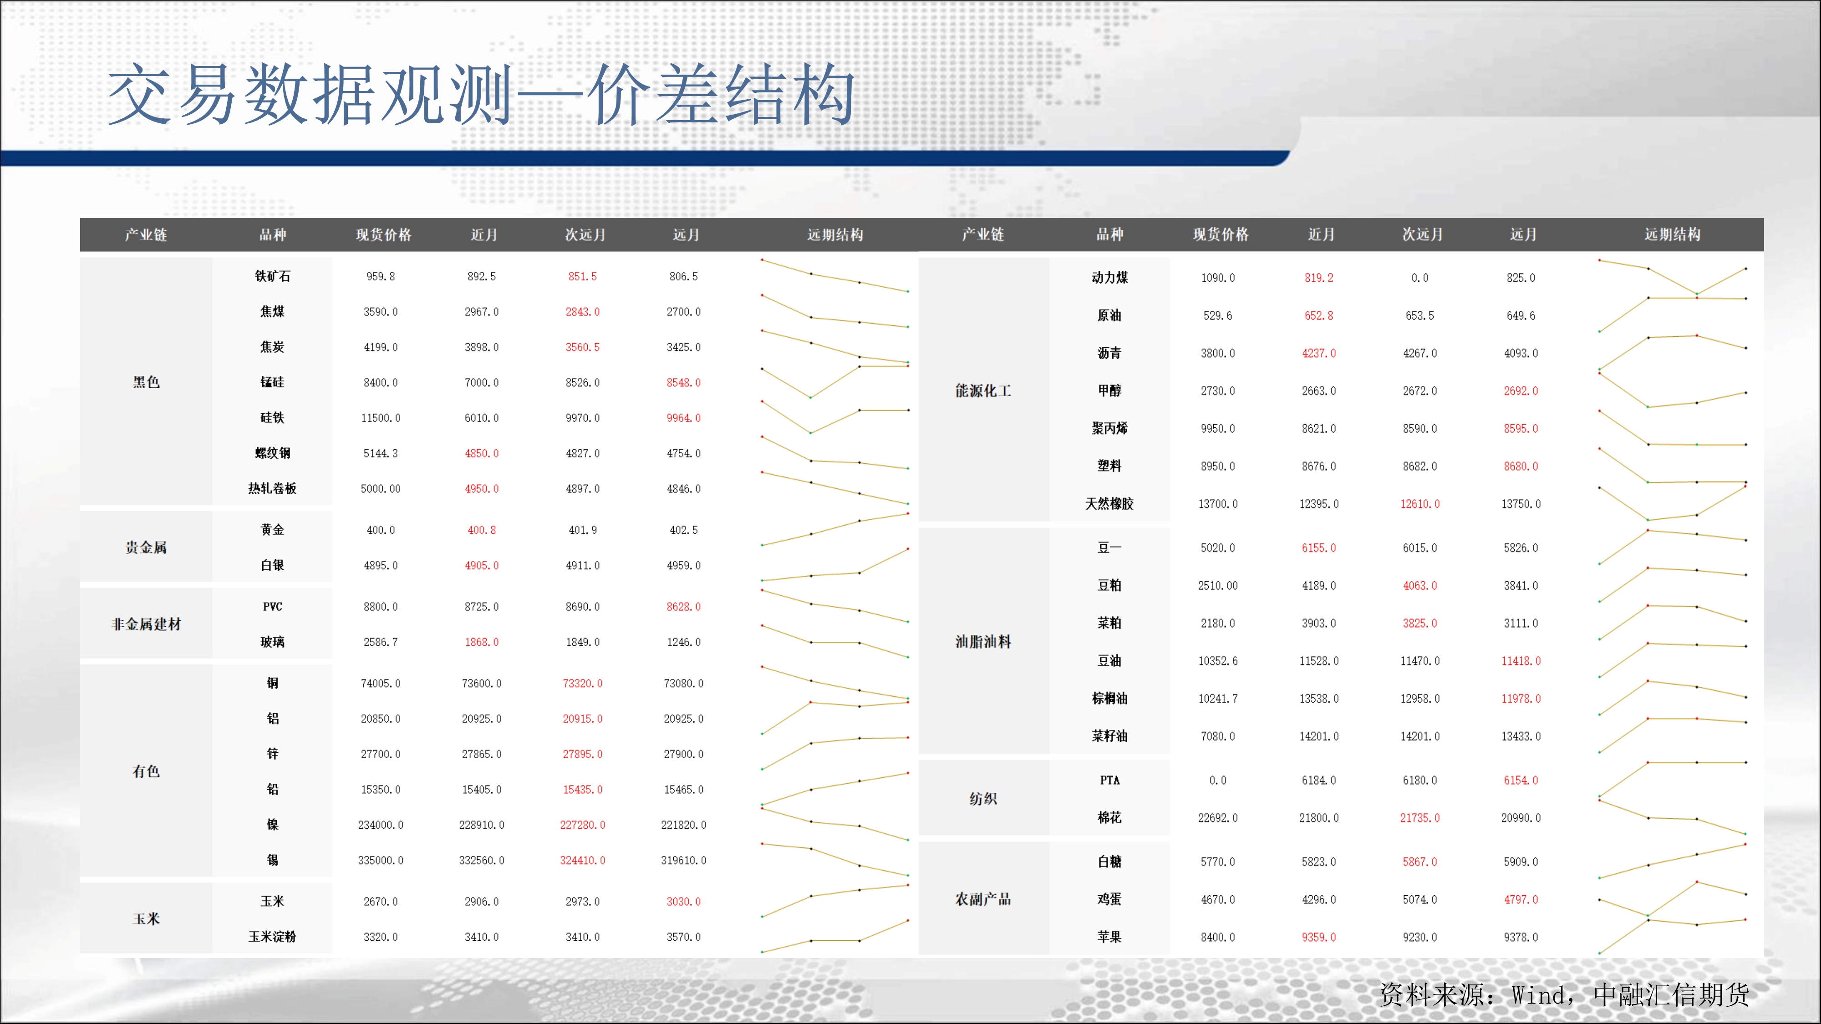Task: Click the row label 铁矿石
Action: [x=272, y=276]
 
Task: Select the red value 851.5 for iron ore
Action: [x=583, y=276]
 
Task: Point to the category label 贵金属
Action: [x=146, y=547]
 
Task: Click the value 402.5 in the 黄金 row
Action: [x=684, y=530]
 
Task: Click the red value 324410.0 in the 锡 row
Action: [x=583, y=860]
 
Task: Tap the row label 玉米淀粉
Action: [x=272, y=936]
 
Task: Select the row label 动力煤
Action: [x=1110, y=278]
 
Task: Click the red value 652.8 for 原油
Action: [x=1319, y=316]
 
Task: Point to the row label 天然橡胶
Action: [x=1110, y=504]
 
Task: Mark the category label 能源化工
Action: [x=983, y=391]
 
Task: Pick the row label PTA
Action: [x=1110, y=780]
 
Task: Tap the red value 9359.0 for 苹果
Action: [x=1319, y=937]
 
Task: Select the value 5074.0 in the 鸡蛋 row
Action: [x=1420, y=900]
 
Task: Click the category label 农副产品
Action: [x=983, y=899]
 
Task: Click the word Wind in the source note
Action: [x=1538, y=995]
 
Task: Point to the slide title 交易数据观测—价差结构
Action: [x=481, y=95]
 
